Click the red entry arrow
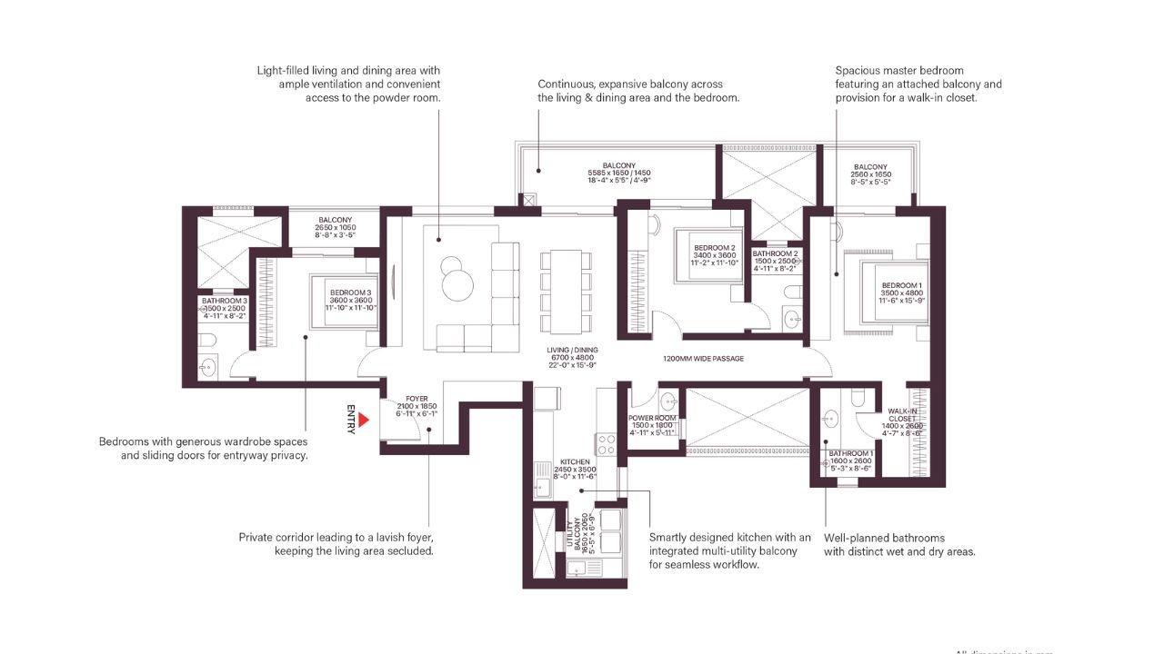point(362,420)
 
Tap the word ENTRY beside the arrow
point(350,420)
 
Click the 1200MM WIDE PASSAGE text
point(703,359)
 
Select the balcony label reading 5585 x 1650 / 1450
point(618,173)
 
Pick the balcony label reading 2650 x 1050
point(335,227)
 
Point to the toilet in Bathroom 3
point(208,339)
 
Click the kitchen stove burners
point(606,444)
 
